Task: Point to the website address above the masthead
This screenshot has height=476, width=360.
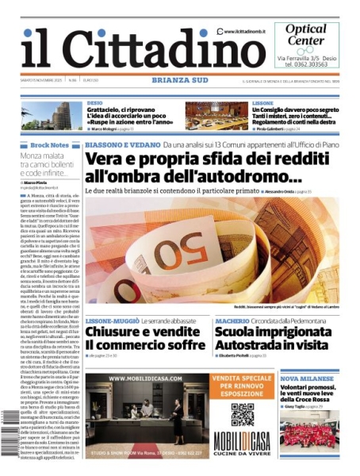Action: [x=238, y=31]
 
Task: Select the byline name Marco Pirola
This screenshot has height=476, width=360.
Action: [x=35, y=182]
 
